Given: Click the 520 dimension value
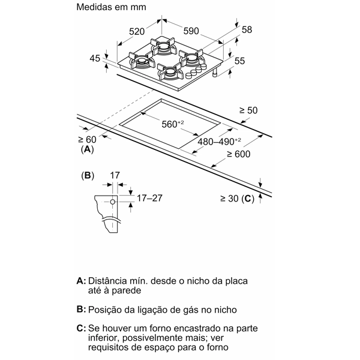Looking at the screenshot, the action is point(137,31).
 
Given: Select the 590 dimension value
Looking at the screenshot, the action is point(191,31).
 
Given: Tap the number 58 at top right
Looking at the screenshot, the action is point(247,29).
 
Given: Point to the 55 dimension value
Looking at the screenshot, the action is point(239,61).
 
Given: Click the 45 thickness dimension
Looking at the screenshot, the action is point(95,58).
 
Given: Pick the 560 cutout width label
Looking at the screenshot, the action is point(173,124).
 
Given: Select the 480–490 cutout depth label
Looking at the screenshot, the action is point(219,142).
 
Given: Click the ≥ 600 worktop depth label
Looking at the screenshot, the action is point(239,154).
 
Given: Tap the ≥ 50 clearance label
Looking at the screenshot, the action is point(248,110).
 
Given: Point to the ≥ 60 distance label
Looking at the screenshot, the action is point(87,139).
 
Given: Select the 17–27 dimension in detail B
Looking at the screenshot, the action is point(149,198).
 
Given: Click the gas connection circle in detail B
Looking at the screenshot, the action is point(113,202).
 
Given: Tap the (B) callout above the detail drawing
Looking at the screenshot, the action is point(88,176).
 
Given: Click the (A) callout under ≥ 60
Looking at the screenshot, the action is point(87,149).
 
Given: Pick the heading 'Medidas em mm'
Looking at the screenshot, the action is point(111,7).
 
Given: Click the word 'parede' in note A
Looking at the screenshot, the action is point(127,291).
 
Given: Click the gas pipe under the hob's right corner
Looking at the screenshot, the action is point(215,73).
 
